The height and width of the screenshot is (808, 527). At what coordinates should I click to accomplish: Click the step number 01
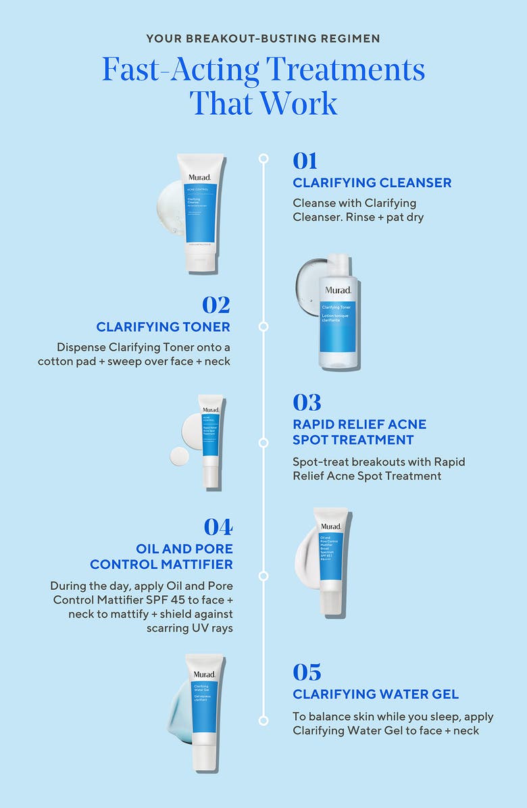pyautogui.click(x=305, y=161)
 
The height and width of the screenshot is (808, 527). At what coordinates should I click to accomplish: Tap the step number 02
pyautogui.click(x=216, y=305)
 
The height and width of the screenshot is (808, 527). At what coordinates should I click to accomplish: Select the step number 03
pyautogui.click(x=307, y=403)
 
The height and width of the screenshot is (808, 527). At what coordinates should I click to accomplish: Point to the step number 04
pyautogui.click(x=218, y=526)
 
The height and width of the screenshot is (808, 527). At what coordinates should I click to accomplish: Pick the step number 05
pyautogui.click(x=307, y=672)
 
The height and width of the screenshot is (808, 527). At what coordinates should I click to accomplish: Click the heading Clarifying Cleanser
pyautogui.click(x=372, y=183)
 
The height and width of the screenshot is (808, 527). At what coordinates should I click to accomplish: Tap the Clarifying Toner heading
pyautogui.click(x=163, y=327)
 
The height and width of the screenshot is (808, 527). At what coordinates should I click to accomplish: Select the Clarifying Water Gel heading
pyautogui.click(x=376, y=695)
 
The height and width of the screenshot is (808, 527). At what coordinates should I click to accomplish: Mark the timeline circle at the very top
pyautogui.click(x=263, y=158)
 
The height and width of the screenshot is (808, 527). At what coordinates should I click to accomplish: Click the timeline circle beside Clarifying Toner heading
pyautogui.click(x=263, y=326)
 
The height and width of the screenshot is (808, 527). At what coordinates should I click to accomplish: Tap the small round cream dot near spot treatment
pyautogui.click(x=180, y=456)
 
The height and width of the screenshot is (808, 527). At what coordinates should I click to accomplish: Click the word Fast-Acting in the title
pyautogui.click(x=179, y=70)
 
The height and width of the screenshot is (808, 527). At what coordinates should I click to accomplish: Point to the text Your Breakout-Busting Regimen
pyautogui.click(x=263, y=39)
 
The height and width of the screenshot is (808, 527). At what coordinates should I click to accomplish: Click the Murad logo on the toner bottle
pyautogui.click(x=338, y=291)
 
